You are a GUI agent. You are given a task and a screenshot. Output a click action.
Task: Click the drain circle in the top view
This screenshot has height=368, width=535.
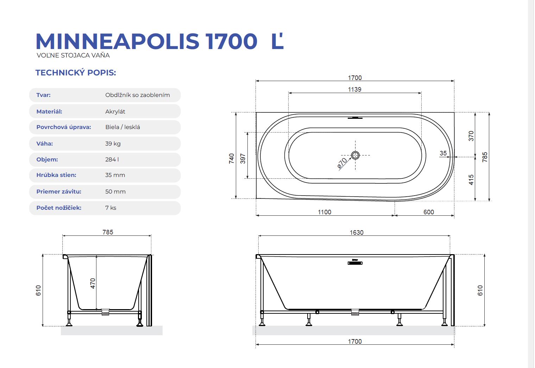click(355, 155)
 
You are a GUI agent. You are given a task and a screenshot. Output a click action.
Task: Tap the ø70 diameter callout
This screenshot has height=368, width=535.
click(342, 163)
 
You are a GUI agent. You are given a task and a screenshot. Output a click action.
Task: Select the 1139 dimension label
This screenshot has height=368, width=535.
click(355, 90)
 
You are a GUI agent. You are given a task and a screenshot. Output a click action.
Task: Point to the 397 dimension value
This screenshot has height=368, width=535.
click(243, 159)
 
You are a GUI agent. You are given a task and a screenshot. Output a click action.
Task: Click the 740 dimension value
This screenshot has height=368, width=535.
click(232, 159)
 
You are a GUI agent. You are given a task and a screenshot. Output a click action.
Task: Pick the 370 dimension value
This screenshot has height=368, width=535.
click(471, 136)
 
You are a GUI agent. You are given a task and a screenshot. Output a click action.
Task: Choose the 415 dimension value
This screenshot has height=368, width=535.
click(471, 180)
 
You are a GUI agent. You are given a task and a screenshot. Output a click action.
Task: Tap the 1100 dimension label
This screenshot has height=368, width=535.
click(325, 212)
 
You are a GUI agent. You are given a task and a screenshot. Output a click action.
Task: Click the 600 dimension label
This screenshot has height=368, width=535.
click(429, 212)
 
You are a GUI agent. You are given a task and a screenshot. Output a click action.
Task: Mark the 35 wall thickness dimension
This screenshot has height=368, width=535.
click(443, 153)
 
